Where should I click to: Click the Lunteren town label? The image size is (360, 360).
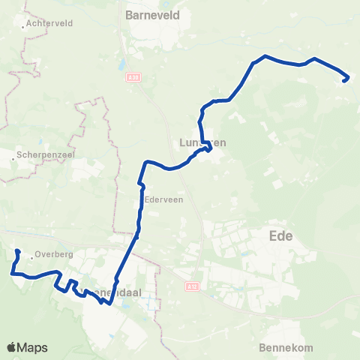tap(202, 142)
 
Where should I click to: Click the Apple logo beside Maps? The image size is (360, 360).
tap(11, 347)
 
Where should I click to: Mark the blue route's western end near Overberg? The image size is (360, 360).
tap(16, 251)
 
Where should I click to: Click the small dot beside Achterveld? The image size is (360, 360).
tap(25, 24)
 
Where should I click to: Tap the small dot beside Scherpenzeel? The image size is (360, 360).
tap(16, 159)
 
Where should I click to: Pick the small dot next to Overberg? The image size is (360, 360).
tap(31, 256)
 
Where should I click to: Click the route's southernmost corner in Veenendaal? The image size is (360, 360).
tap(110, 304)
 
